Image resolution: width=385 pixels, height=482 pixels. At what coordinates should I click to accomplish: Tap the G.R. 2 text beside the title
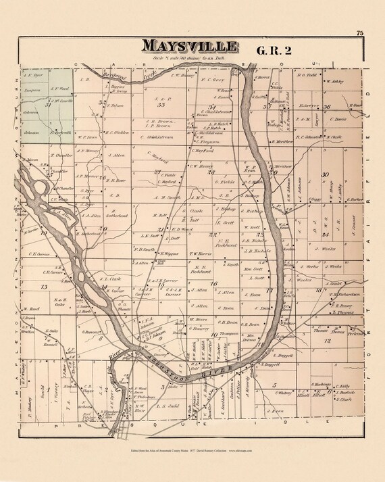pos(276,49)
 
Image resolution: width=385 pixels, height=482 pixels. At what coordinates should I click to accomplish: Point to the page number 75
pos(361,32)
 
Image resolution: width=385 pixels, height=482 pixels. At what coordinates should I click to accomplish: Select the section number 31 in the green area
pos(47,105)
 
